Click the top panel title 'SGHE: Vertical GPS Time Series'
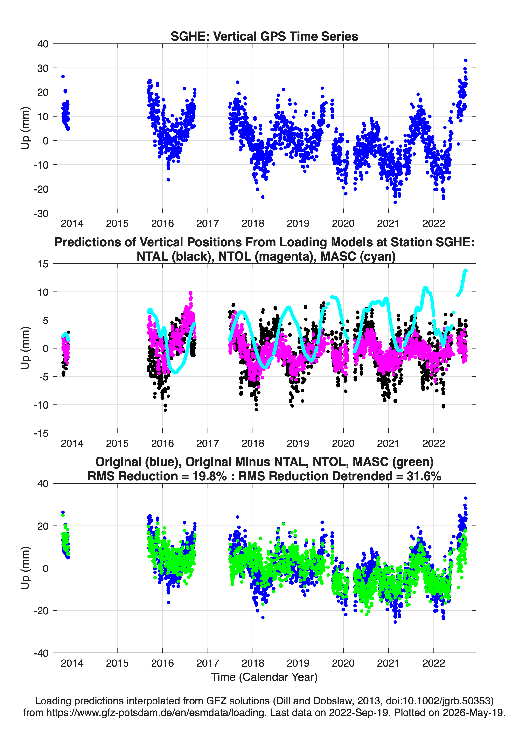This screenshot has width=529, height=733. click(x=264, y=36)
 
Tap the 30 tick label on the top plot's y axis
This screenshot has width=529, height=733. click(x=43, y=68)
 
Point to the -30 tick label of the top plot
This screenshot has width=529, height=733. click(x=41, y=213)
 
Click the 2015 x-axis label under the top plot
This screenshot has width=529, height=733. click(x=117, y=223)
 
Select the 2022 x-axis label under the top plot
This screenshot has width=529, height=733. click(x=433, y=223)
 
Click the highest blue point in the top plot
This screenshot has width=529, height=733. click(x=466, y=60)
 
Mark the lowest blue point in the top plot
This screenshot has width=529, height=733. click(x=395, y=202)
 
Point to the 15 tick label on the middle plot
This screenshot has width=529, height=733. click(x=43, y=264)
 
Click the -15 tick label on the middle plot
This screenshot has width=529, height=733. click(x=41, y=433)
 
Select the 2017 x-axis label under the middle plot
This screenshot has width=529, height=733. click(x=208, y=443)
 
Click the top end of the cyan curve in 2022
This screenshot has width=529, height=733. click(x=466, y=270)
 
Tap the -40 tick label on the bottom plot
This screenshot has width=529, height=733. click(x=41, y=653)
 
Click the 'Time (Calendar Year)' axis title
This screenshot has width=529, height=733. click(x=264, y=677)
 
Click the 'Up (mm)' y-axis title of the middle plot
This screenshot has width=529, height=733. click(x=25, y=348)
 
